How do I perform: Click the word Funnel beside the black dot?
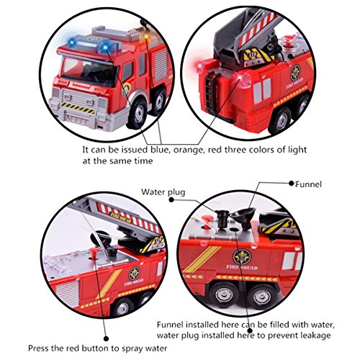pos(308,184)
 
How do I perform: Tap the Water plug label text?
pos(163,192)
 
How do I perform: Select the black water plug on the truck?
pos(222,217)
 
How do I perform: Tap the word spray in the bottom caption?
pos(132,348)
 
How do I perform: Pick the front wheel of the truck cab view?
pos(137,114)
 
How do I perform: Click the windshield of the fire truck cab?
pos(89,71)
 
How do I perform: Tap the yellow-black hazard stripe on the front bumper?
pos(78,107)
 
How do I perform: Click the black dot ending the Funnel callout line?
pos(292,184)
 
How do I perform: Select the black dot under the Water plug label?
pos(171,199)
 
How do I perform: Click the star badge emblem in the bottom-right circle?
pos(242,257)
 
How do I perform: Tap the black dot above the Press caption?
pos(106,338)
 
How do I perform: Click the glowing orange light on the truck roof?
pos(145,37)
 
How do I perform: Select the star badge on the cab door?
pos(126,90)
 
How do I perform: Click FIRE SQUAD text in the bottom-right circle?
pos(242,267)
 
